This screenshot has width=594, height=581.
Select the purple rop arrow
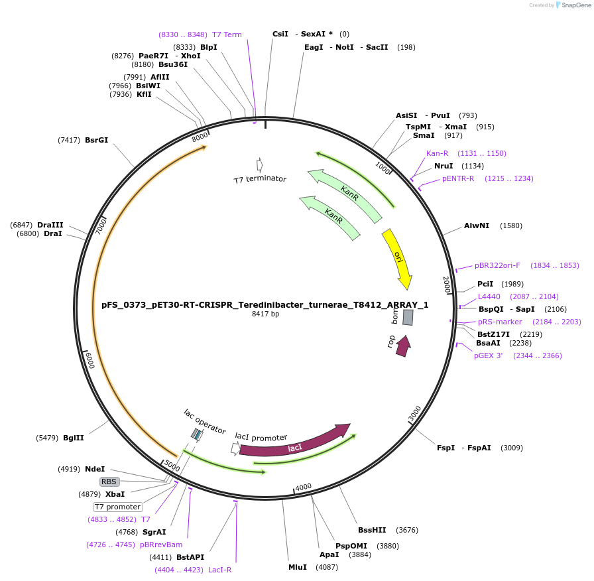[402, 346]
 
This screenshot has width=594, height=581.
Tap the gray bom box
[408, 317]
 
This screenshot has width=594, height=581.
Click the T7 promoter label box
[117, 507]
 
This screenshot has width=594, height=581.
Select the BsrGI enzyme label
[96, 140]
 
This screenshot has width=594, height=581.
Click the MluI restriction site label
[298, 567]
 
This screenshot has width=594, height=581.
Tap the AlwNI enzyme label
[477, 226]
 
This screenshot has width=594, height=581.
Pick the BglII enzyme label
[74, 438]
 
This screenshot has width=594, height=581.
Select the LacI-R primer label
[219, 570]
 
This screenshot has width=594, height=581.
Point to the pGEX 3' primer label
[488, 355]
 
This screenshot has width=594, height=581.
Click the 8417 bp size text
[265, 314]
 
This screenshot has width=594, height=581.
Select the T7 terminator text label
[260, 179]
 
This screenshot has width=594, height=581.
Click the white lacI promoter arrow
[235, 448]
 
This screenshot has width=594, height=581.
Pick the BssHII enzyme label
[372, 530]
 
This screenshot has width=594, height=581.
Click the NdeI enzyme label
[95, 469]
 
